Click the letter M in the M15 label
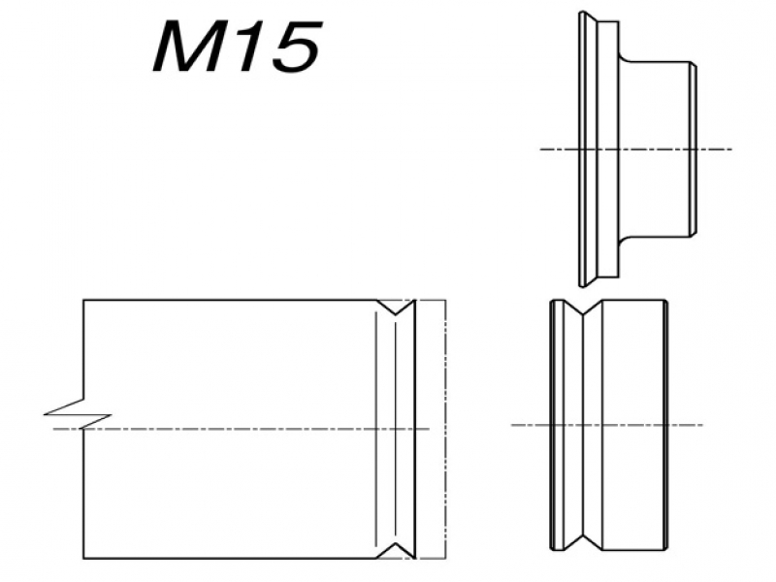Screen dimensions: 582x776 [x=190, y=50]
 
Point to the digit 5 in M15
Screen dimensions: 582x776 [x=293, y=50]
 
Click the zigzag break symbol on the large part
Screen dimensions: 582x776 [x=68, y=411]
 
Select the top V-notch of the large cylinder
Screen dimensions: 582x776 [x=396, y=308]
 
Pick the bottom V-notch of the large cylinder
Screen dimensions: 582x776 [x=396, y=550]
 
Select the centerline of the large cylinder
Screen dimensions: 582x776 [x=242, y=428]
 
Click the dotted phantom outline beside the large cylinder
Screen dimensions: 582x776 [x=444, y=427]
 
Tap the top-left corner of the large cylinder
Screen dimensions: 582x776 [x=83, y=301]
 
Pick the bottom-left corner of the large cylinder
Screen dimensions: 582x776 [x=83, y=558]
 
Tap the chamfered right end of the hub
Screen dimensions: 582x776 [x=694, y=149]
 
